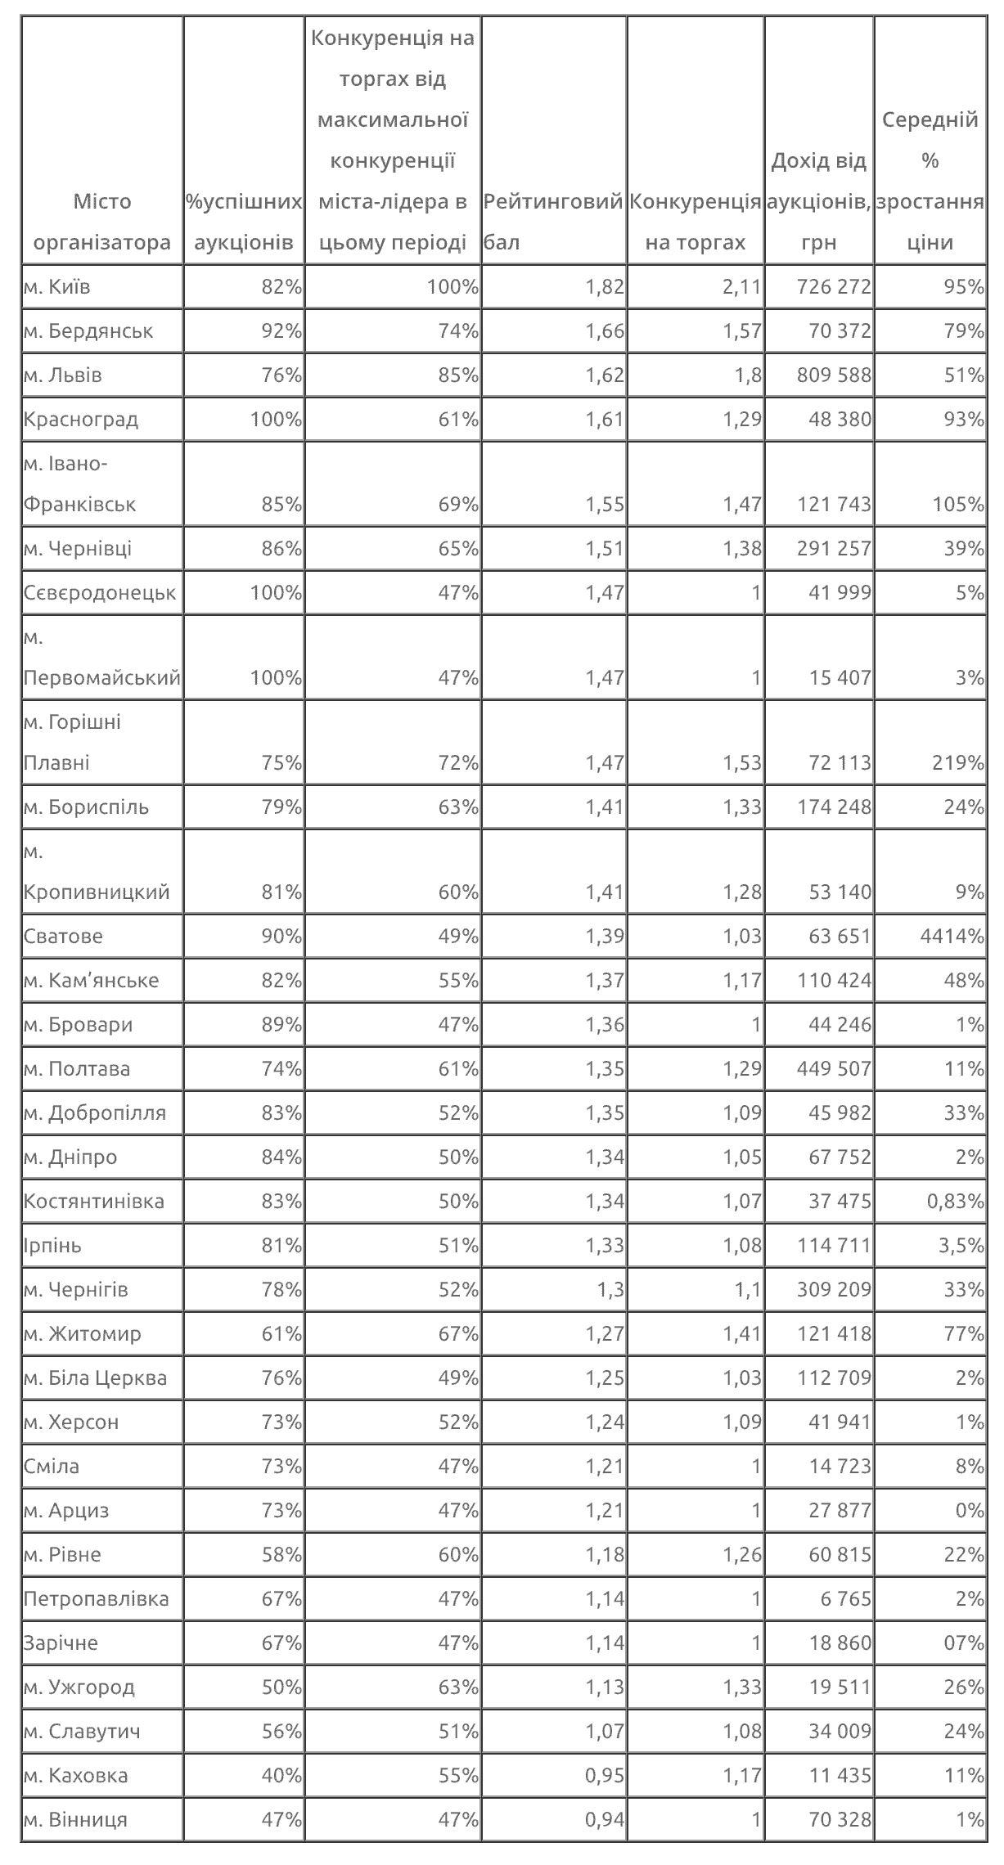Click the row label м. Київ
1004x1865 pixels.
pyautogui.click(x=57, y=287)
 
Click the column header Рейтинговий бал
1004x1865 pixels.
pyautogui.click(x=553, y=222)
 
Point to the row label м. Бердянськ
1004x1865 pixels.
pyautogui.click(x=88, y=331)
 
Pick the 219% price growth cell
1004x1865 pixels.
pyautogui.click(x=957, y=762)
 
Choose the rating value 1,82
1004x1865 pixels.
pyautogui.click(x=605, y=287)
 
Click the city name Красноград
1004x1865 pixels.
pyautogui.click(x=81, y=420)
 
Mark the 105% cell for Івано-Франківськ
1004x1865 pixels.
pyautogui.click(x=957, y=504)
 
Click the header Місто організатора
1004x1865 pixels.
pyautogui.click(x=101, y=222)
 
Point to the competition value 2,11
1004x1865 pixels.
pyautogui.click(x=742, y=287)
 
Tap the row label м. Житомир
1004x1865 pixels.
pyautogui.click(x=83, y=1333)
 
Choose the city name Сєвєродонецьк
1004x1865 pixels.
pyautogui.click(x=100, y=592)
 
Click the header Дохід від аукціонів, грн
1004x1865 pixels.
pyautogui.click(x=818, y=201)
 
